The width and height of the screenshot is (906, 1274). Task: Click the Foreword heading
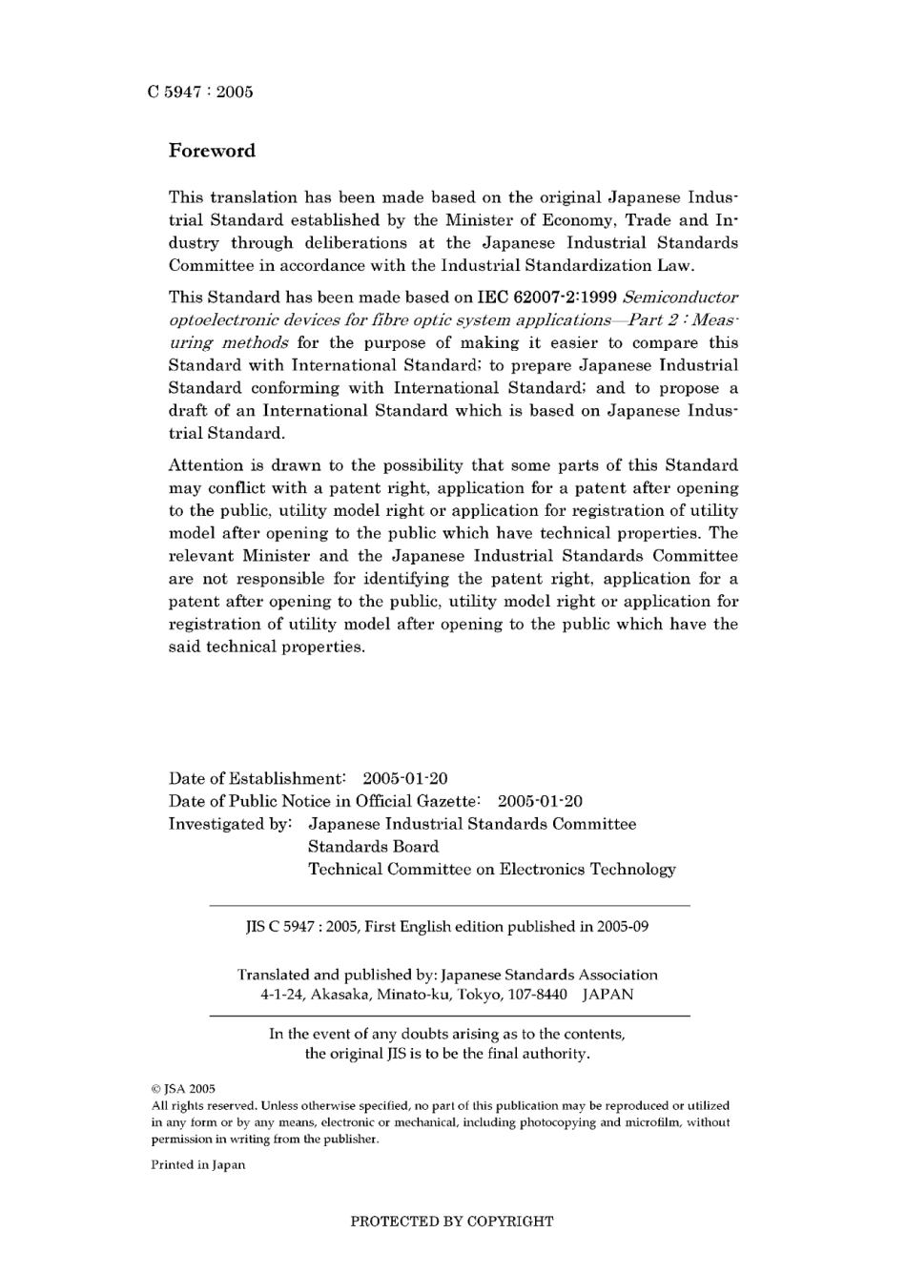pyautogui.click(x=212, y=151)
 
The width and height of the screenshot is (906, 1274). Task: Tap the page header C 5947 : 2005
pyautogui.click(x=201, y=92)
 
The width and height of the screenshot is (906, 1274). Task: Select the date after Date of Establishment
pyautogui.click(x=405, y=778)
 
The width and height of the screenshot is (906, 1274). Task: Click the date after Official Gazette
pyautogui.click(x=540, y=801)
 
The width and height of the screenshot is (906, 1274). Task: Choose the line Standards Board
pyautogui.click(x=373, y=847)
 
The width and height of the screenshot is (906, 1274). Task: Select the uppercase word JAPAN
pyautogui.click(x=607, y=994)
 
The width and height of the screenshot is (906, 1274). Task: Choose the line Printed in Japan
pyautogui.click(x=198, y=1164)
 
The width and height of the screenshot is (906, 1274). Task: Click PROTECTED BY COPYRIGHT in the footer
pyautogui.click(x=452, y=1221)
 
